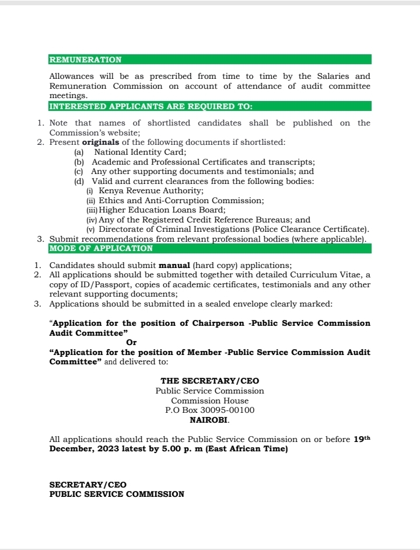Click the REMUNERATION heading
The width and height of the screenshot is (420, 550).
pos(85,60)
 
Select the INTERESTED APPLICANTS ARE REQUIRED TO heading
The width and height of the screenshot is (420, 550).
pos(150,106)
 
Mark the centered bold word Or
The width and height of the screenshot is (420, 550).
pos(131,343)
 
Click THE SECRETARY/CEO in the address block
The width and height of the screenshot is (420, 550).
pos(209,381)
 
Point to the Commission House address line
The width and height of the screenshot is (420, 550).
pos(209,401)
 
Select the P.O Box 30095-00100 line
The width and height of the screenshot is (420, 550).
pos(209,410)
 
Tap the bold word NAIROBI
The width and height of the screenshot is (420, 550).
pos(209,420)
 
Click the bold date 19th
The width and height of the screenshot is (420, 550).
pos(362,438)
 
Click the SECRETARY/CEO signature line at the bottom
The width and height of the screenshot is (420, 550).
pos(87,485)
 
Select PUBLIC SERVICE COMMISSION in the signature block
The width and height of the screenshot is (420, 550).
pos(117,494)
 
